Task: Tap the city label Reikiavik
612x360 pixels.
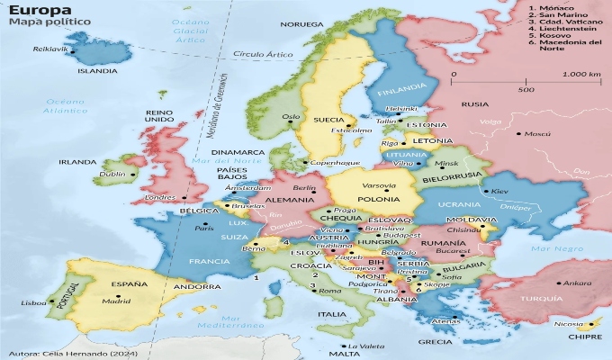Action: pyautogui.click(x=49, y=49)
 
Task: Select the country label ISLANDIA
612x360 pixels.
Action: pyautogui.click(x=96, y=70)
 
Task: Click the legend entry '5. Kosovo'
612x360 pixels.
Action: pyautogui.click(x=553, y=33)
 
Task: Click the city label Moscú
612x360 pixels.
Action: pyautogui.click(x=537, y=133)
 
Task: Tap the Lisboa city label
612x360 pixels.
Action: pyautogui.click(x=33, y=303)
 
